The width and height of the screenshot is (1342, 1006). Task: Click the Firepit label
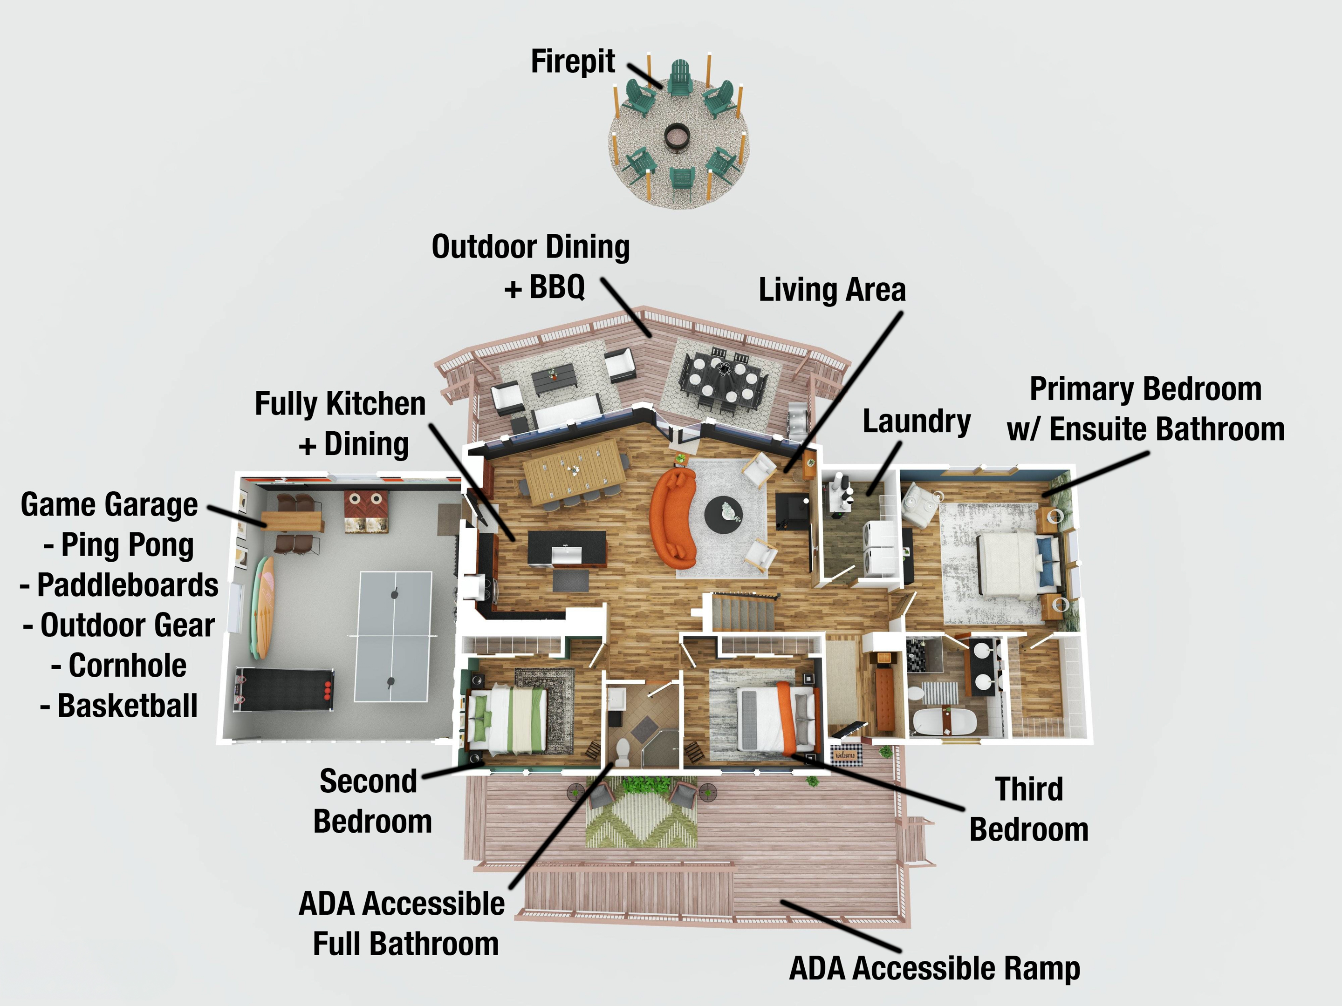tap(573, 62)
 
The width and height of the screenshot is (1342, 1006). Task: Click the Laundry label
tap(916, 421)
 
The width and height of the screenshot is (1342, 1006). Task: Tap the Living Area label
tap(832, 290)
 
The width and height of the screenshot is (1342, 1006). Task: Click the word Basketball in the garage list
tap(127, 706)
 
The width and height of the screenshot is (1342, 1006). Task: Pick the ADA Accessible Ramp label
tap(934, 968)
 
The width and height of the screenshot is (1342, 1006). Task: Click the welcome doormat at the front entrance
tap(845, 755)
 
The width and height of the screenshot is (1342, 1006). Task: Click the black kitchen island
tap(567, 548)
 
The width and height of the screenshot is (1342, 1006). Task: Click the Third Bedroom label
tap(1029, 809)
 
